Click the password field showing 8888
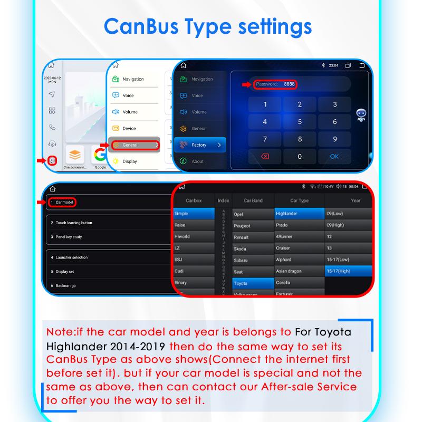(x=275, y=84)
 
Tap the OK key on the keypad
(x=334, y=156)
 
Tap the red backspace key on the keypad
(x=265, y=156)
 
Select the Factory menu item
(x=199, y=145)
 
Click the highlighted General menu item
(x=133, y=145)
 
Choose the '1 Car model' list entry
(x=62, y=202)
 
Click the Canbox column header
(x=194, y=200)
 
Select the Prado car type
(x=282, y=225)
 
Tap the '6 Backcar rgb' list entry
(x=66, y=285)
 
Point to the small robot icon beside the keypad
(x=361, y=116)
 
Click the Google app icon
(x=100, y=155)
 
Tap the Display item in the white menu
(x=130, y=161)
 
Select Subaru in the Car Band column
(x=241, y=260)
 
